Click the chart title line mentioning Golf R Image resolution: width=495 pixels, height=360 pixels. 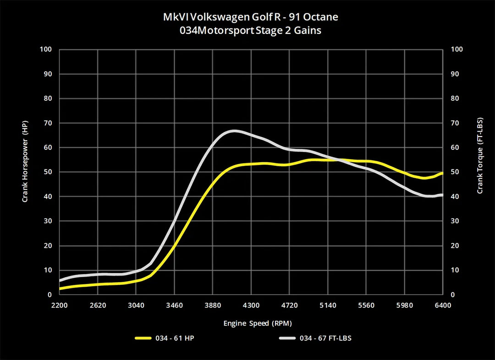pos(251,17)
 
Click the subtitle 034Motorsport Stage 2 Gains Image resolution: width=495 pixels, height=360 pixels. pos(251,31)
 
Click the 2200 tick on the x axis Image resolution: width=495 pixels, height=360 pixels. pos(60,305)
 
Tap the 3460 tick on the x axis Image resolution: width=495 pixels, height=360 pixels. pos(175,305)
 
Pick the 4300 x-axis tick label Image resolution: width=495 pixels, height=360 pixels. pos(251,305)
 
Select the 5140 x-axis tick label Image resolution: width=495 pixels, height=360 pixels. pos(328,305)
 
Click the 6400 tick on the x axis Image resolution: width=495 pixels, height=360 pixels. pos(442,305)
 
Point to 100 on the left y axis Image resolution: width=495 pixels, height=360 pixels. pos(46,49)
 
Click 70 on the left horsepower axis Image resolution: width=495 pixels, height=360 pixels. pos(48,123)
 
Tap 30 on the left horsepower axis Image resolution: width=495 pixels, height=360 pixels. pos(48,221)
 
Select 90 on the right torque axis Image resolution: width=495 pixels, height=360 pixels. pos(456,74)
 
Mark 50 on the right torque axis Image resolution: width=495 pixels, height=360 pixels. pos(456,172)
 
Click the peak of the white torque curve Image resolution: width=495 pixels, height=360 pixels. pos(234,131)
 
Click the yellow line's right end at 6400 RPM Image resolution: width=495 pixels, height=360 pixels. pos(442,173)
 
